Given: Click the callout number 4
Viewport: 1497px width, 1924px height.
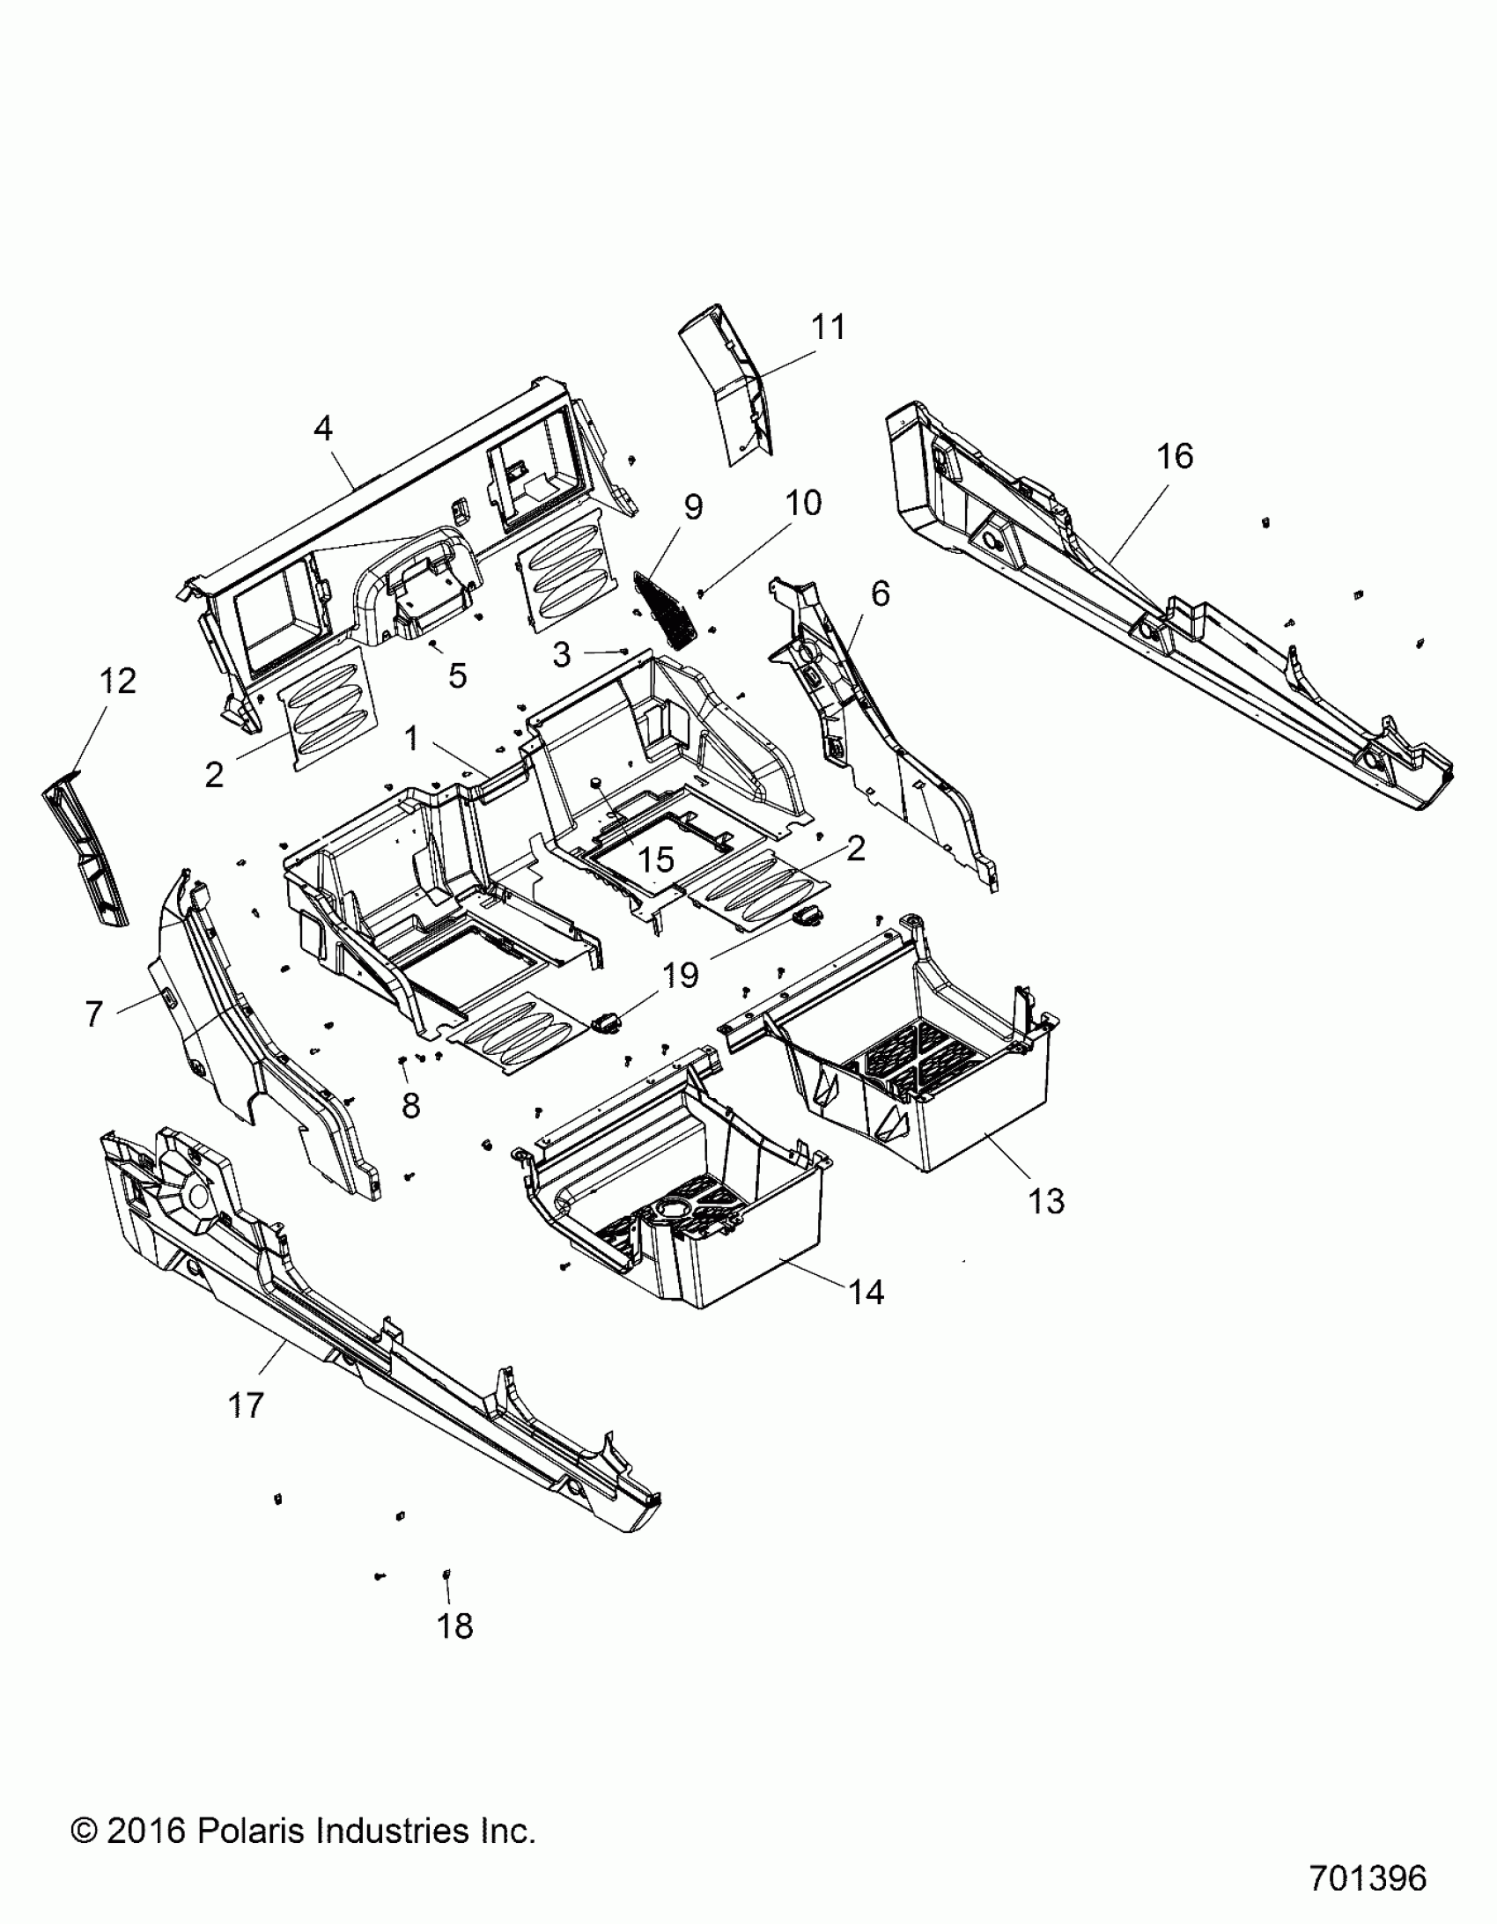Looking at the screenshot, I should pos(323,429).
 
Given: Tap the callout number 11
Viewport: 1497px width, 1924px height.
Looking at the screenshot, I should pos(828,328).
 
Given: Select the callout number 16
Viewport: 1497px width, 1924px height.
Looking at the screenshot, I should pos(1175,456).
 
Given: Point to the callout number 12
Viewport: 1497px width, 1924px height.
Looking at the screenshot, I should pos(118,681).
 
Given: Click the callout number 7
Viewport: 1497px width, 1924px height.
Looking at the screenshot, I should pos(94,1014).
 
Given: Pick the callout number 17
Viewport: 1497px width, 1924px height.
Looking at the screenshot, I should pos(246,1405).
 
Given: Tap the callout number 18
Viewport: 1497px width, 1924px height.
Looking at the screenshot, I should pos(454,1626).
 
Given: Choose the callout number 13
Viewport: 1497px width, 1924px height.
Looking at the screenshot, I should pos(1046,1201).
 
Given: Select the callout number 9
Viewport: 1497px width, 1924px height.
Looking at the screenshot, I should pos(693,507).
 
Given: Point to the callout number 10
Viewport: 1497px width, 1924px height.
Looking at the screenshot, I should pos(803,503).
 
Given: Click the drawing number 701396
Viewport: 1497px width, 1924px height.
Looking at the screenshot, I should pos(1368,1878).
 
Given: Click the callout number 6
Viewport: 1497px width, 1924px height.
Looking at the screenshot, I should pos(880,593).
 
